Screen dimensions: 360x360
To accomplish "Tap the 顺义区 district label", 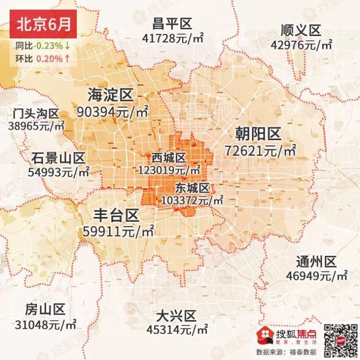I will tap(301, 30).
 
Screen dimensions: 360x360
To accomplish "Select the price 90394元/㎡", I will tap(112, 112).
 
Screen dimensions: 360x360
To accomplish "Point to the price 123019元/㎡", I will tap(169, 170).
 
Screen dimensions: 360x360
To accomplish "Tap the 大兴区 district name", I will tap(176, 316).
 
